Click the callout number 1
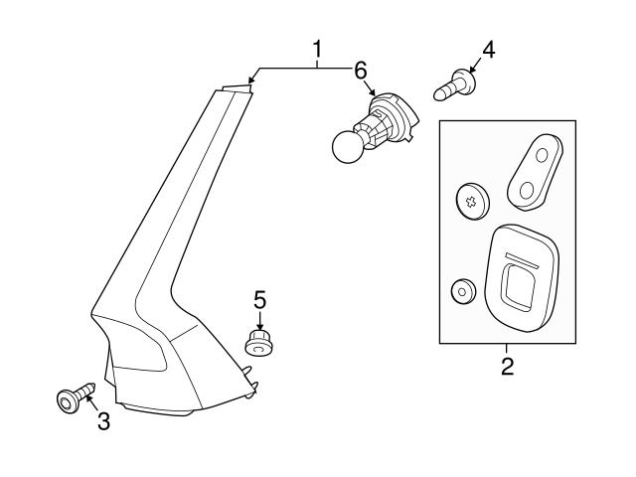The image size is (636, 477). click(x=318, y=48)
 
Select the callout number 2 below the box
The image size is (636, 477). click(x=507, y=367)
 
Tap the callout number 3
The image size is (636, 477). click(x=103, y=421)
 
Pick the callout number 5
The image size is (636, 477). click(x=259, y=299)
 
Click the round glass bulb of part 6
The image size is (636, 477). click(x=349, y=146)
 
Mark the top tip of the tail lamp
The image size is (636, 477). click(x=235, y=87)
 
